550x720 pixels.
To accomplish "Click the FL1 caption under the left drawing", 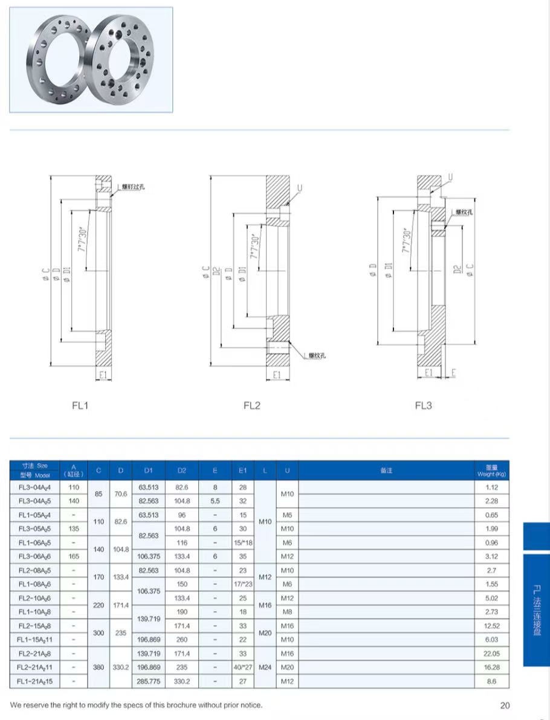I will [80, 405].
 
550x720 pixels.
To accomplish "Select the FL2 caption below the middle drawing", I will [251, 405].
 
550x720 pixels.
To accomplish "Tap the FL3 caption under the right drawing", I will [423, 405].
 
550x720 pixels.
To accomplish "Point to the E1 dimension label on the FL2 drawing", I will [277, 375].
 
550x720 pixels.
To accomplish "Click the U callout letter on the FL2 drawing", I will [299, 188].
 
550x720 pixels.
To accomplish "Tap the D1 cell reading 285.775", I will [149, 681].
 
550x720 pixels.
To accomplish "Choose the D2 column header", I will [182, 470].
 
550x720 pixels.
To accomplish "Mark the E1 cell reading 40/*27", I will [242, 667].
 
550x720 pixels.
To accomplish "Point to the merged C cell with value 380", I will [98, 667].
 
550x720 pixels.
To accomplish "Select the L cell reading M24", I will [265, 667].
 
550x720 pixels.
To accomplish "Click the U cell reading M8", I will [287, 612].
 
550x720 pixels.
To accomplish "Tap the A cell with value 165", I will [74, 556].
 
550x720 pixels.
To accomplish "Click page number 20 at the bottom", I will [505, 705].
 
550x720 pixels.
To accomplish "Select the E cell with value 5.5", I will [215, 501].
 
